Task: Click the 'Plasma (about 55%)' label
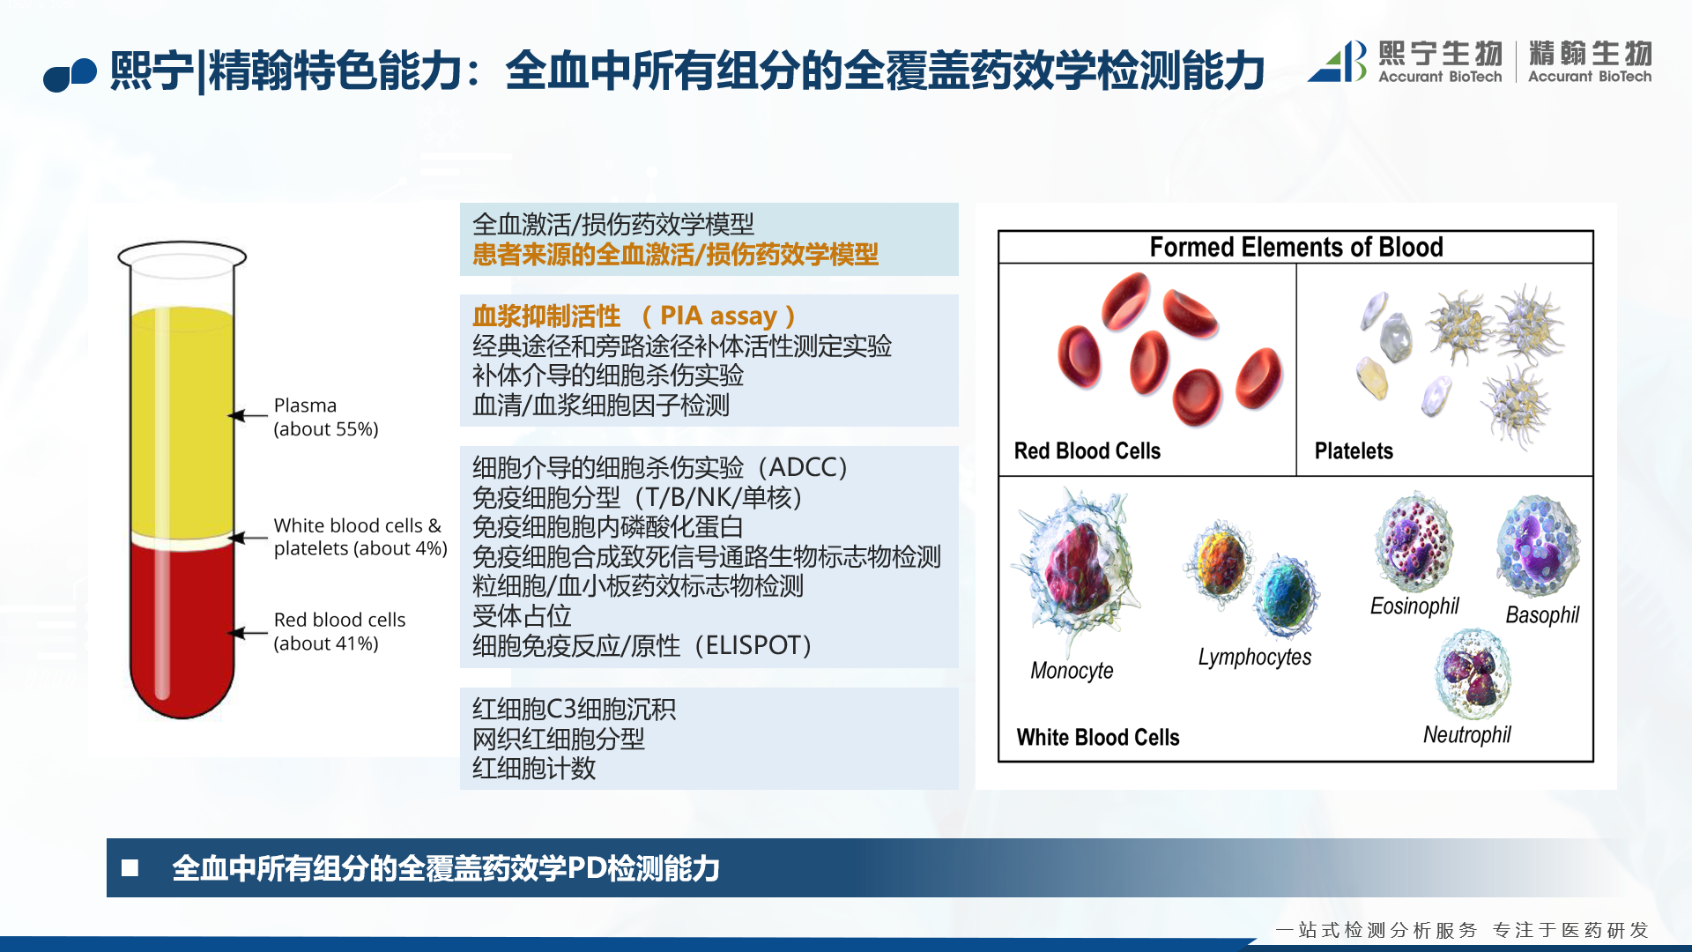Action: (x=326, y=417)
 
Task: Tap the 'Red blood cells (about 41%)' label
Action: (x=339, y=631)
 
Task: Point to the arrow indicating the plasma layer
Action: (x=248, y=415)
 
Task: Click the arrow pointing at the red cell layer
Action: (x=248, y=632)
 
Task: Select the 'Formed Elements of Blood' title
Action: (x=1296, y=247)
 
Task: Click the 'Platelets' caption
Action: (x=1354, y=451)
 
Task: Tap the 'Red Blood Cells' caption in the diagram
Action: (x=1087, y=451)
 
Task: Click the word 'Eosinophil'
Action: (x=1414, y=606)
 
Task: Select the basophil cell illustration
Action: (x=1539, y=547)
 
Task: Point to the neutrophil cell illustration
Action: (x=1473, y=674)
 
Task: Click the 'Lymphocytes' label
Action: (x=1255, y=658)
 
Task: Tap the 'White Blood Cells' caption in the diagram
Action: (x=1098, y=737)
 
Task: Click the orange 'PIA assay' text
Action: (x=718, y=316)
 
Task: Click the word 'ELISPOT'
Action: (x=753, y=645)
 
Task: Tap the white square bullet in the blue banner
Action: (x=130, y=868)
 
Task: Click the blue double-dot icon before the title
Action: (x=70, y=75)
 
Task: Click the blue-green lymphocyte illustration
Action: (x=1288, y=596)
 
